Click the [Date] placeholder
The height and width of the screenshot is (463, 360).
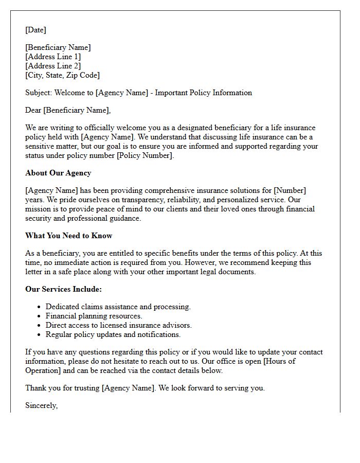35,30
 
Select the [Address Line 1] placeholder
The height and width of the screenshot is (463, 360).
53,57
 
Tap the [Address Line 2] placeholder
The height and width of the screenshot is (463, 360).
53,66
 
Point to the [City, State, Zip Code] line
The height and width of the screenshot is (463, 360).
62,75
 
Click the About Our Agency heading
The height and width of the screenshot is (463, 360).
58,173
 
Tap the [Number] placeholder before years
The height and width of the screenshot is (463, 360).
290,191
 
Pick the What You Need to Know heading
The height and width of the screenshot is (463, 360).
68,236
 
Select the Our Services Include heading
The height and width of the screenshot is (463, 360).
63,289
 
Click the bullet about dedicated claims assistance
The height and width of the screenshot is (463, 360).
118,307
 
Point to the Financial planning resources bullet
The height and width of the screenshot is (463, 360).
94,316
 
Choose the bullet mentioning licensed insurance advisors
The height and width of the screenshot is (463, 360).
118,326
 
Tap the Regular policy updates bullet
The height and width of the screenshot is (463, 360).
113,335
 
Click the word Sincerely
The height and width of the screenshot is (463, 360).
41,406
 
